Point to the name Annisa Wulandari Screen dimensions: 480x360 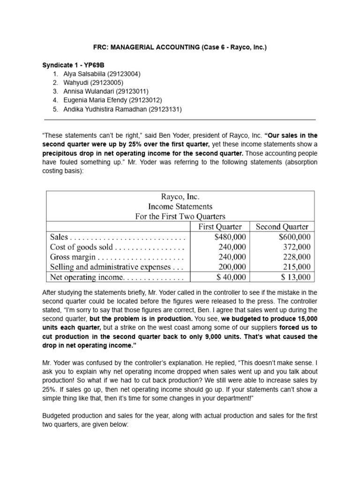click(85, 92)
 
